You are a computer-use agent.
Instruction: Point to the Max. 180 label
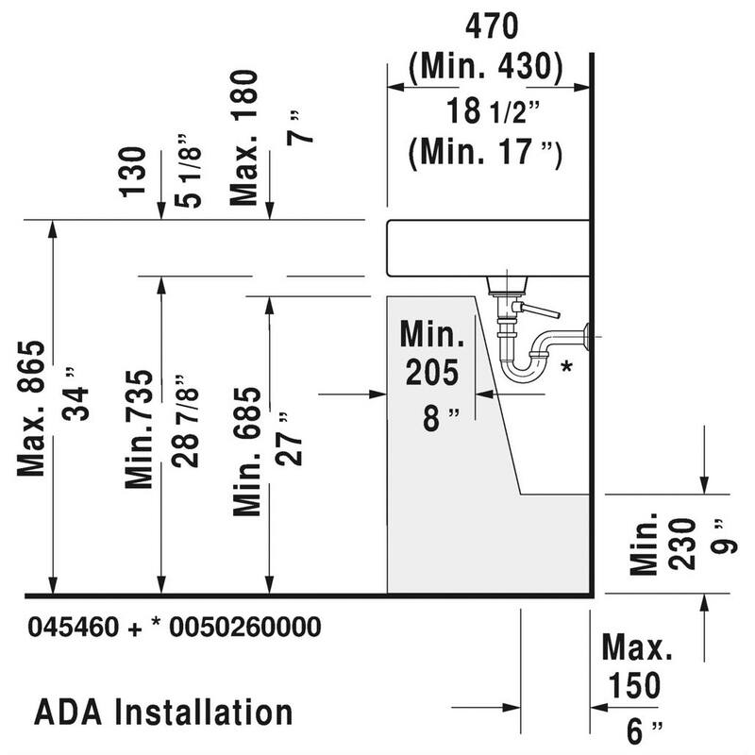click(x=244, y=138)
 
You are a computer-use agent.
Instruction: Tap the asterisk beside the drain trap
click(x=566, y=366)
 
